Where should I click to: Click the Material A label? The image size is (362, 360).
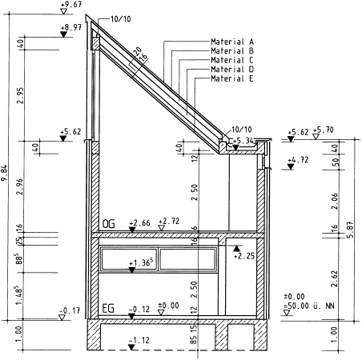pyautogui.click(x=232, y=42)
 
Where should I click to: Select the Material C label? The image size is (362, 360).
pyautogui.click(x=232, y=60)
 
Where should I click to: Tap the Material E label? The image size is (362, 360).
pyautogui.click(x=232, y=78)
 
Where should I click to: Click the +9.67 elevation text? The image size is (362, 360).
pyautogui.click(x=71, y=5)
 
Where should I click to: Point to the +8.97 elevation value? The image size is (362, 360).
pyautogui.click(x=71, y=27)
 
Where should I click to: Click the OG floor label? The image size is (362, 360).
pyautogui.click(x=109, y=224)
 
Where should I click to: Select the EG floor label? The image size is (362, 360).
pyautogui.click(x=108, y=309)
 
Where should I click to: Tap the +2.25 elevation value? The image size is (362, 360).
pyautogui.click(x=244, y=256)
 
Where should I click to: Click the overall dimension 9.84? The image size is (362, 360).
pyautogui.click(x=4, y=173)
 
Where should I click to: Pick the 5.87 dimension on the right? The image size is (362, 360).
pyautogui.click(x=350, y=230)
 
